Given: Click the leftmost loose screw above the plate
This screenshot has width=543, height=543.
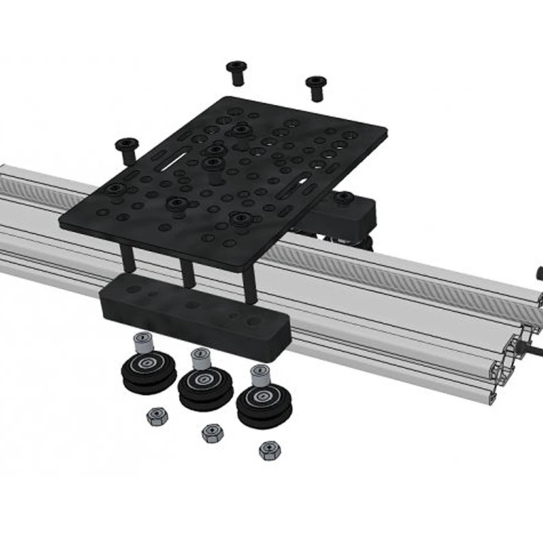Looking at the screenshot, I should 127,149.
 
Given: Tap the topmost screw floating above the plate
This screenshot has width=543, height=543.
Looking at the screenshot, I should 236,71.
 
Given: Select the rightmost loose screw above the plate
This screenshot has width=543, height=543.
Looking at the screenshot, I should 316,87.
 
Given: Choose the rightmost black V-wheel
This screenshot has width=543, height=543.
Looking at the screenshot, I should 264,403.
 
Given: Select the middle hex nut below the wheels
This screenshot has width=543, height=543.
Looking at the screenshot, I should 212,432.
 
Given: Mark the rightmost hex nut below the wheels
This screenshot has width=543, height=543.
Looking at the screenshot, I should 270,449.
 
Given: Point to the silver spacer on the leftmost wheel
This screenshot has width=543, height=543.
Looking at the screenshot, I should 143,342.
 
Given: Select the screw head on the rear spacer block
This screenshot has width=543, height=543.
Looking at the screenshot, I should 343,198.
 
